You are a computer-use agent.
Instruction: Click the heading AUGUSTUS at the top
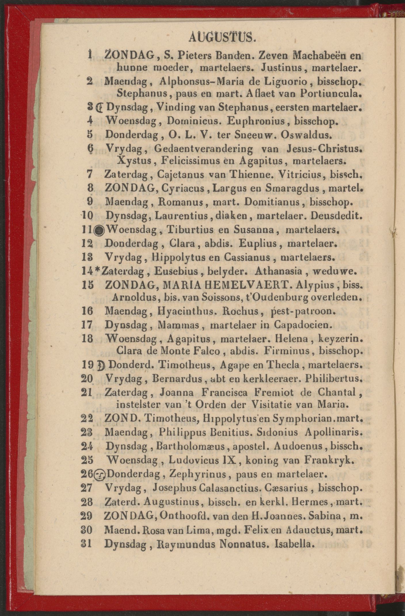click(x=221, y=37)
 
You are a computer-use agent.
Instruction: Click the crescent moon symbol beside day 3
click(x=100, y=108)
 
